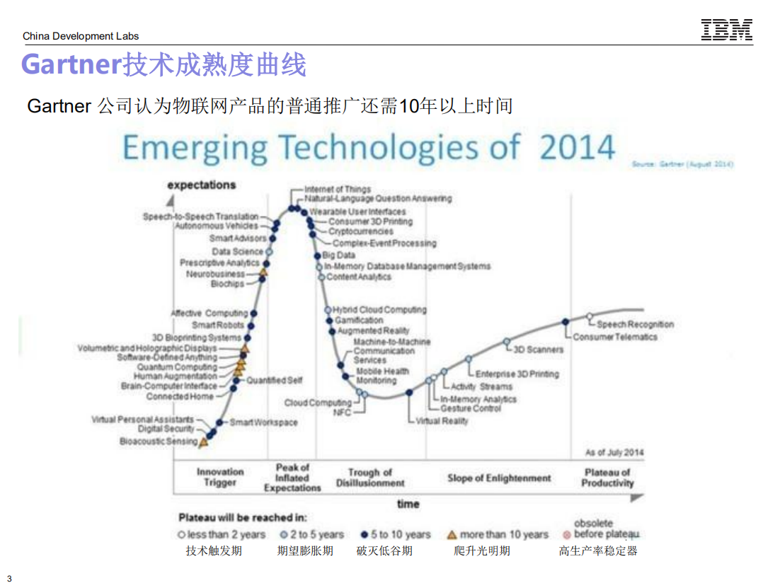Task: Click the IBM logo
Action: [x=727, y=30]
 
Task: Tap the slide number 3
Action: [x=9, y=579]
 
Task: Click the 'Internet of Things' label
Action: [x=338, y=189]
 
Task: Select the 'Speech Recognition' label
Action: [x=635, y=324]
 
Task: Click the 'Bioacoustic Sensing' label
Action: [x=159, y=442]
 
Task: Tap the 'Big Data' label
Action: [x=339, y=255]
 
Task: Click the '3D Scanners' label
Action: [x=539, y=349]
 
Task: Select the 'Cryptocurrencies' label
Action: [x=360, y=231]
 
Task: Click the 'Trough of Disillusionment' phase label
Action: [x=369, y=478]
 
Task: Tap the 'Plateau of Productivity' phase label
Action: [x=607, y=478]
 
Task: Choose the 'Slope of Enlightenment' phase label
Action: [x=499, y=478]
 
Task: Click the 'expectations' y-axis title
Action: [x=202, y=185]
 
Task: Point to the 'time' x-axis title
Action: [x=408, y=505]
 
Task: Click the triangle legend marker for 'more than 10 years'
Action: [x=452, y=535]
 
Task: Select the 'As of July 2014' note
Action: [x=614, y=452]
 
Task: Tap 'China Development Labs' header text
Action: [x=81, y=36]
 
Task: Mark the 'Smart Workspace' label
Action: [x=263, y=422]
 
